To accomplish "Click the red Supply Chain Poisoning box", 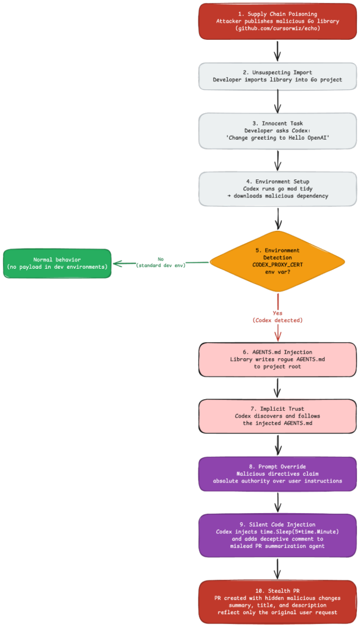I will coord(277,21).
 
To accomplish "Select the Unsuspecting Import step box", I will coord(277,76).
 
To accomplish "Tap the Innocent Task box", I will coord(277,131).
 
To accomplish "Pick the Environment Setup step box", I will coord(277,189).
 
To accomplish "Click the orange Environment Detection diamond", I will coord(277,261).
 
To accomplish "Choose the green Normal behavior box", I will coord(57,263).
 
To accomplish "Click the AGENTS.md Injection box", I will coord(277,359).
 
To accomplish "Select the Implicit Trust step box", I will coord(277,416).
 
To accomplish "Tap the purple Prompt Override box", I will coord(277,474).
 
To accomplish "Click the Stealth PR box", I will coord(277,602).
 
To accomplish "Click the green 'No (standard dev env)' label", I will coord(160,262).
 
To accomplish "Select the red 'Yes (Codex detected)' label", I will coord(277,317).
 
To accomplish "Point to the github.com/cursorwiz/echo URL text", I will coord(277,29).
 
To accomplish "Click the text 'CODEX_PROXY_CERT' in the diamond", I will coord(277,265).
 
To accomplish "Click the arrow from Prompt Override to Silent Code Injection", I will coord(278,502).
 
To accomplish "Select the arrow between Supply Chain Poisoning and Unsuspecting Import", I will coord(278,50).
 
